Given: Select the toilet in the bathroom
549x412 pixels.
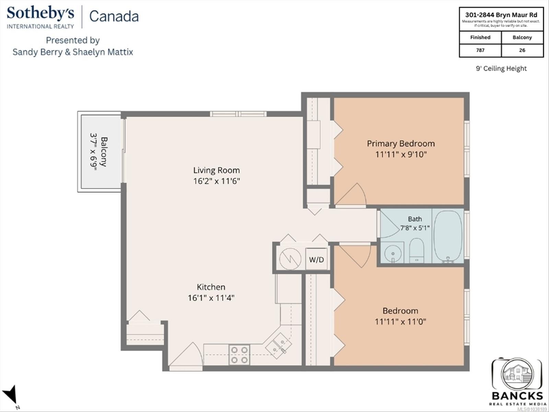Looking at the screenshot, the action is pos(417,250).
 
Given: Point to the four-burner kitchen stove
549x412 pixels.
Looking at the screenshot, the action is pos(239,355).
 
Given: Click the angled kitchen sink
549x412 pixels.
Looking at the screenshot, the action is pos(279,345).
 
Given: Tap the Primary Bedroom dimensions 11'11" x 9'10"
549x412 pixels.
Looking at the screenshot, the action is pos(401,154).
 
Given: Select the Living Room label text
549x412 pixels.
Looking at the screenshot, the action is pos(217,170).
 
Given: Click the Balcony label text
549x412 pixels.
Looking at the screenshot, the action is pos(104,152).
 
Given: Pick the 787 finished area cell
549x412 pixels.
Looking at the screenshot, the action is pos(480,50).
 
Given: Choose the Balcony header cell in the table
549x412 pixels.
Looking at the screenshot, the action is pos(522,37).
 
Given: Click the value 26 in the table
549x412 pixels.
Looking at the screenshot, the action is pos(522,50).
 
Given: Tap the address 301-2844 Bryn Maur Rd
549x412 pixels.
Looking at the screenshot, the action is pos(501,15).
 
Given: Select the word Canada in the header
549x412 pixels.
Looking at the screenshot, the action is pos(114,16).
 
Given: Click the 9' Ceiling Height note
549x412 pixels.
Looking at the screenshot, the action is pos(501,68).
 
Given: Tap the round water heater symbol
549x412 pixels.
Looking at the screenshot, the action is pos(290,259).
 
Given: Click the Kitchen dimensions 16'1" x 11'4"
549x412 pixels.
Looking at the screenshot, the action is pos(211,298).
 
